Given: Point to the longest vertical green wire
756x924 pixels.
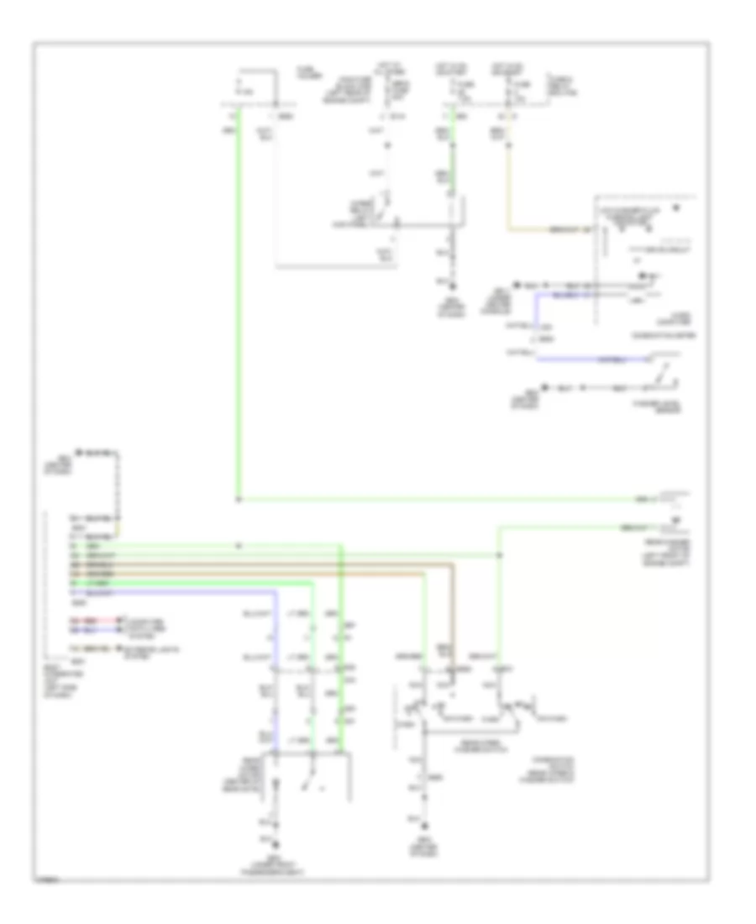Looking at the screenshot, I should (238, 302).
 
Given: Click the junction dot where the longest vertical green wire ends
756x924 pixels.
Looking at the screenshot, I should (238, 500).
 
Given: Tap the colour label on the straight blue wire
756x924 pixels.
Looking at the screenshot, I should (588, 360).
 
